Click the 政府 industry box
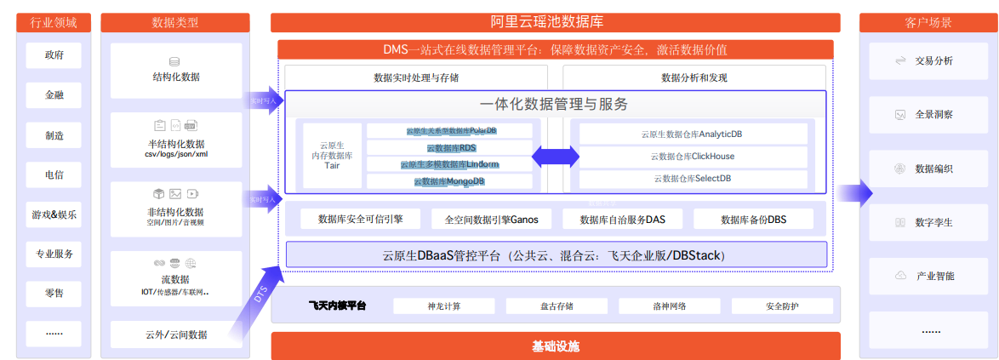tap(54, 56)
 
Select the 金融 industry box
tap(54, 95)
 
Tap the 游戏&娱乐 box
tap(54, 214)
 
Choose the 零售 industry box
tap(54, 294)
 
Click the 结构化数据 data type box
tap(176, 69)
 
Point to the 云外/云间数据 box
tap(176, 334)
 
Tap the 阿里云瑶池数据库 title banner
tap(555, 23)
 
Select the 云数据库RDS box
tap(449, 148)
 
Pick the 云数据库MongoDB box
tap(449, 181)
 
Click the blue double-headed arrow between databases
tap(556, 157)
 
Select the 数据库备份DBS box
tap(753, 220)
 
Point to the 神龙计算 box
tap(444, 306)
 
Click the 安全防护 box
tap(780, 306)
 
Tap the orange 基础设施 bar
tap(555, 346)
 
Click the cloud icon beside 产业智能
tap(899, 276)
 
